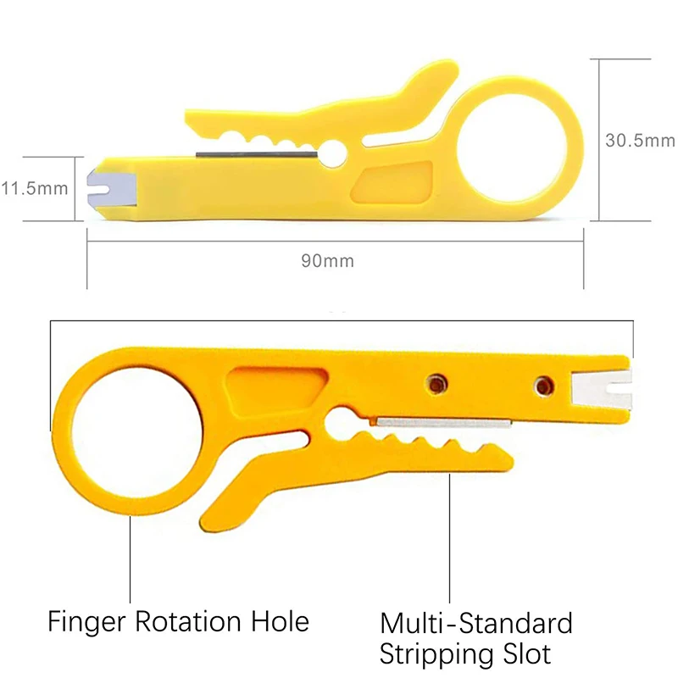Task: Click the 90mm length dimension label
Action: click(327, 260)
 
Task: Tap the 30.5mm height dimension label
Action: click(639, 141)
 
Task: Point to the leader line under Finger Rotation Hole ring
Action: click(131, 559)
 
